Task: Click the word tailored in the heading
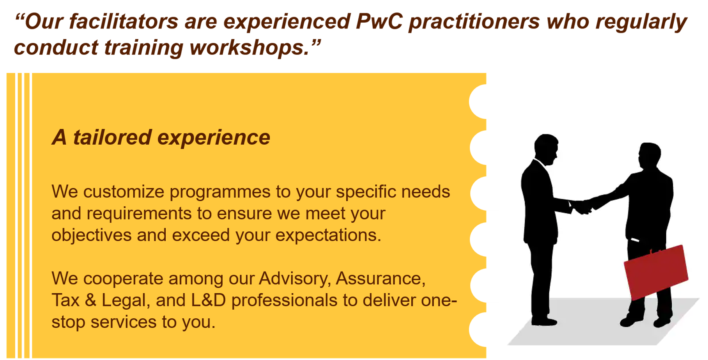(x=112, y=137)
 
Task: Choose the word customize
(x=124, y=192)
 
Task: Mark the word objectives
(x=92, y=235)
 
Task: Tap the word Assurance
(x=381, y=278)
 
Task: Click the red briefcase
(x=656, y=271)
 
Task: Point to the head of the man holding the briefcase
(x=649, y=156)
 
